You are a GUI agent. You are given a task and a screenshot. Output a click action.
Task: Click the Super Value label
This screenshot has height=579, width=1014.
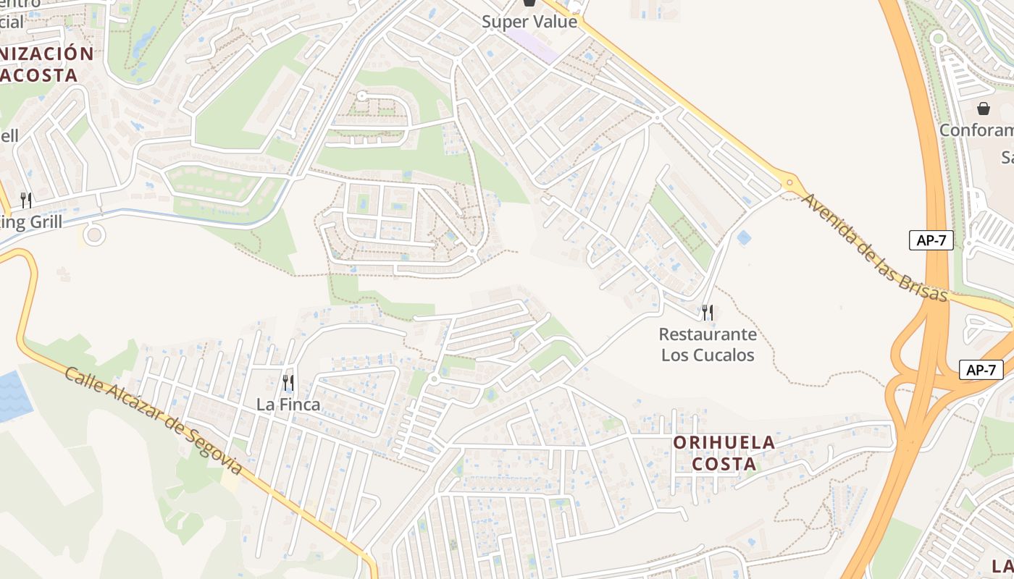coord(530,22)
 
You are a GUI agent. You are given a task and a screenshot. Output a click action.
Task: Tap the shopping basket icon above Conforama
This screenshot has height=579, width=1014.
coord(984,109)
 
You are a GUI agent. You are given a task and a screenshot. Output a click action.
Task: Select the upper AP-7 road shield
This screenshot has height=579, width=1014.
coord(931,241)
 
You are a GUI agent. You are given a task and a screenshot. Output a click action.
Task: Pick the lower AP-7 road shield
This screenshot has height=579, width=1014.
coord(981,370)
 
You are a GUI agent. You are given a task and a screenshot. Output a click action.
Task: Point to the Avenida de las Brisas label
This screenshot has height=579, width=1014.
coord(874,247)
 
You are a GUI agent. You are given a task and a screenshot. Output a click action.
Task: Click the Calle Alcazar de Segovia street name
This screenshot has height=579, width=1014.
coord(154,420)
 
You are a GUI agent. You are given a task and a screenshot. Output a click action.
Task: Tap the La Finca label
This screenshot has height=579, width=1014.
coord(288,405)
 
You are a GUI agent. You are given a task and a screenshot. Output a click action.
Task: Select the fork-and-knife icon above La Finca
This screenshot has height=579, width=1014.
coord(288,382)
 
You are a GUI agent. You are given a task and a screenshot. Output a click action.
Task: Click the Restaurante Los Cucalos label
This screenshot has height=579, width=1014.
coord(708,345)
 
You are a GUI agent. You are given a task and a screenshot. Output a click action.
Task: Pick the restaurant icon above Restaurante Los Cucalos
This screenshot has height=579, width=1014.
coord(708,313)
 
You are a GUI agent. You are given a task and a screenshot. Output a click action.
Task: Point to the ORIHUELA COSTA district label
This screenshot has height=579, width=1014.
coord(724,452)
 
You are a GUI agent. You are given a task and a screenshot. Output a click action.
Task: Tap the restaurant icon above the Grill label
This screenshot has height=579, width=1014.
coord(26,200)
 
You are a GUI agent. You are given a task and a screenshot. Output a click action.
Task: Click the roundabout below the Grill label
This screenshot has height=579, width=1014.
coord(93,234)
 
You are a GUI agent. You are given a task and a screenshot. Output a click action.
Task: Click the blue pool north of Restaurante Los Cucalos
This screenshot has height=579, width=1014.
coord(743,237)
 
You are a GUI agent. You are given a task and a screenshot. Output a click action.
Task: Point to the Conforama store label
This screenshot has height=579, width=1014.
coord(976,131)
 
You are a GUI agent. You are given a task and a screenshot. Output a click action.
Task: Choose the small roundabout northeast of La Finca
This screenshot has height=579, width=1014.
coord(434,379)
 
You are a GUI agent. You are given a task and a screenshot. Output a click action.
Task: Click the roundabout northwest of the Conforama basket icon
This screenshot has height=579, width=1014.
coord(938,38)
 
